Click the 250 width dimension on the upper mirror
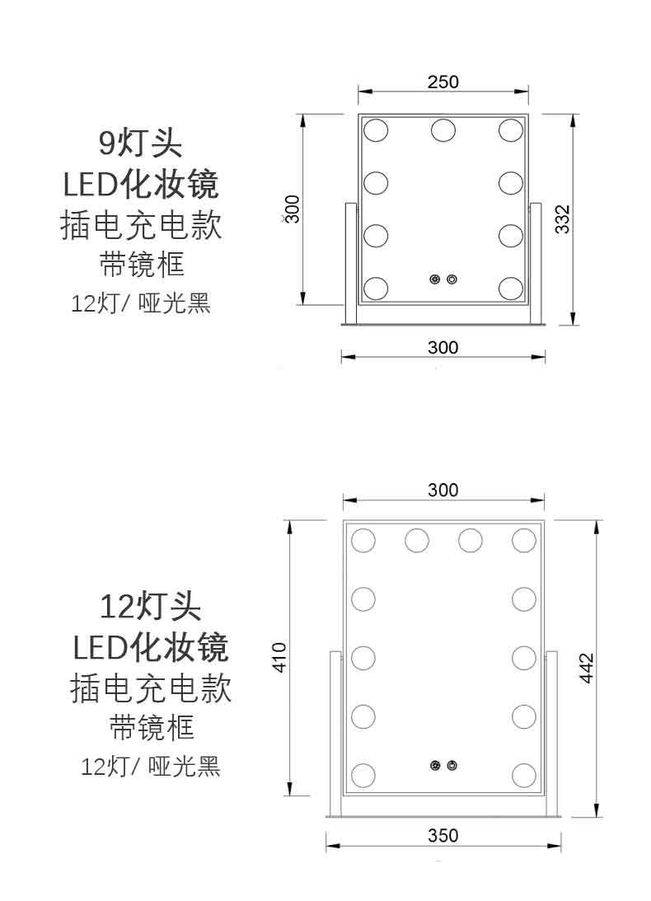(x=443, y=82)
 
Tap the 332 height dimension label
(x=562, y=219)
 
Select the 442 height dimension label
(x=587, y=668)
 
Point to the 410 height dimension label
(x=279, y=657)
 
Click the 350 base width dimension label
(x=443, y=836)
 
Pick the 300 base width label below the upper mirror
(x=443, y=348)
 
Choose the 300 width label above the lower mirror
(x=443, y=490)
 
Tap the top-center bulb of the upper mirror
(x=443, y=129)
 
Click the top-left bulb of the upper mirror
(x=376, y=129)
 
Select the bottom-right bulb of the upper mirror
(x=510, y=287)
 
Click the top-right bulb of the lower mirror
(x=523, y=541)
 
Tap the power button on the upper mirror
(x=452, y=279)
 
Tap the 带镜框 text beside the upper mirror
(x=141, y=265)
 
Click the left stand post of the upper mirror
(x=349, y=263)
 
